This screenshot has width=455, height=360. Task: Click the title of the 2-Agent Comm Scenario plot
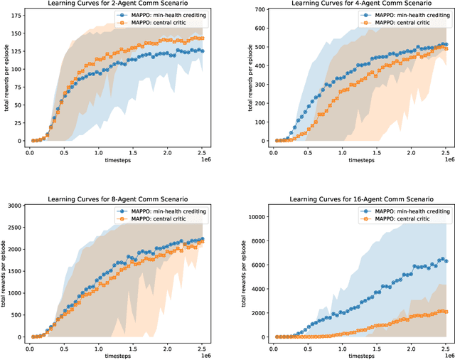[119, 4]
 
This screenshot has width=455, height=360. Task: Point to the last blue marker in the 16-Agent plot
[446, 261]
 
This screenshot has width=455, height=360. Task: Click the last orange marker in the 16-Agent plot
[446, 311]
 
